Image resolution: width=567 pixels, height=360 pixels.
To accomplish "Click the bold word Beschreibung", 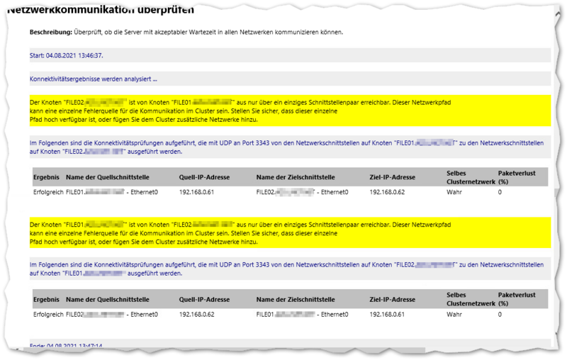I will click(x=51, y=33).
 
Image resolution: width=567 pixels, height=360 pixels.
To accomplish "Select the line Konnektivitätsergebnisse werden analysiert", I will click(x=93, y=79).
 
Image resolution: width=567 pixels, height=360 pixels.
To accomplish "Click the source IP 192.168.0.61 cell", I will click(x=197, y=192).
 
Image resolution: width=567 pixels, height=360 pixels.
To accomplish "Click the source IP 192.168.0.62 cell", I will click(x=197, y=314).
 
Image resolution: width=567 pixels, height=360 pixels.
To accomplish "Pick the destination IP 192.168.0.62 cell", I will click(x=387, y=192).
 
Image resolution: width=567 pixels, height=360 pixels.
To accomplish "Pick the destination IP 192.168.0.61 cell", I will click(x=387, y=314).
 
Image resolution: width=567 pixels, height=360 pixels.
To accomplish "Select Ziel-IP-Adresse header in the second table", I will click(x=392, y=299).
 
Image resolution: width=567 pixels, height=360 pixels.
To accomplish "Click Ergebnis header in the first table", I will click(x=46, y=176).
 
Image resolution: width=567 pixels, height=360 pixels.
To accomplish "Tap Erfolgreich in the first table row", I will click(x=48, y=192).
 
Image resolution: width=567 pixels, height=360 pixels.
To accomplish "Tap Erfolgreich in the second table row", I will click(x=48, y=314).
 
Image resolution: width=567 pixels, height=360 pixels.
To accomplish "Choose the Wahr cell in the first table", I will click(x=454, y=192).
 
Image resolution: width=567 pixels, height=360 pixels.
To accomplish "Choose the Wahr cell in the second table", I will click(x=454, y=314).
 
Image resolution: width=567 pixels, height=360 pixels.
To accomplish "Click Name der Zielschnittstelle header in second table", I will click(x=296, y=299).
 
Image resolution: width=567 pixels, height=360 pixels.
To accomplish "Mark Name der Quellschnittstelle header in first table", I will click(x=106, y=176).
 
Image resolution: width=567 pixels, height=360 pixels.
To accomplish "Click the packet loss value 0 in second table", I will click(x=500, y=314).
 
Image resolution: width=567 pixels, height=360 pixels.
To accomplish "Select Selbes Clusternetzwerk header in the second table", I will click(x=470, y=299).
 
